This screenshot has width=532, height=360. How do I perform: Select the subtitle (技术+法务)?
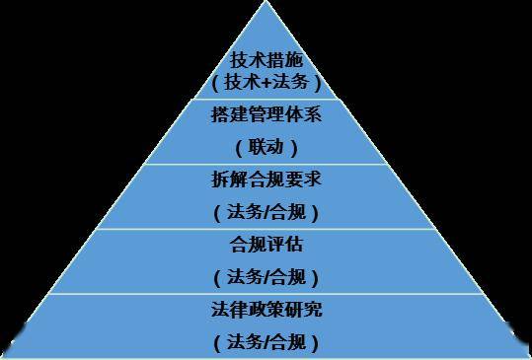pos(266,83)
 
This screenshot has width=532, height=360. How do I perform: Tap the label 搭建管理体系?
pos(266,115)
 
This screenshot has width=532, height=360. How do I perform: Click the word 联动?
pos(266,147)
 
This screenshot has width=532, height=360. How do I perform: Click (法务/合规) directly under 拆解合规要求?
pos(266,211)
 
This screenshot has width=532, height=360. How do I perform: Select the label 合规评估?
pos(266,243)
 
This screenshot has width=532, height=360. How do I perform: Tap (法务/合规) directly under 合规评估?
pos(266,277)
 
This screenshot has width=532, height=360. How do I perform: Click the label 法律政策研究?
pos(266,310)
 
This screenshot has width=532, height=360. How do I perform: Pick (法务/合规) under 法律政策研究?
pos(266,342)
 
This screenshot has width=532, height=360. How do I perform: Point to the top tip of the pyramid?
pos(266,3)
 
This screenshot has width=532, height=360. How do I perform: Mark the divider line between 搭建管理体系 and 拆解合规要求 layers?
pos(266,164)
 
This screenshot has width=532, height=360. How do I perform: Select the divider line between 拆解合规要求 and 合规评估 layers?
pos(266,228)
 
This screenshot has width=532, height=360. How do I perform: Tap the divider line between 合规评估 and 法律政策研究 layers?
pos(266,293)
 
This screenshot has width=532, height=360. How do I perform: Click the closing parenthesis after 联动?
pos(294,148)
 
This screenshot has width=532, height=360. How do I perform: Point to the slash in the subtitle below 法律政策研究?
pos(268,342)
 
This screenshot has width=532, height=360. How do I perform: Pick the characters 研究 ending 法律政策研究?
pos(307,310)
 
